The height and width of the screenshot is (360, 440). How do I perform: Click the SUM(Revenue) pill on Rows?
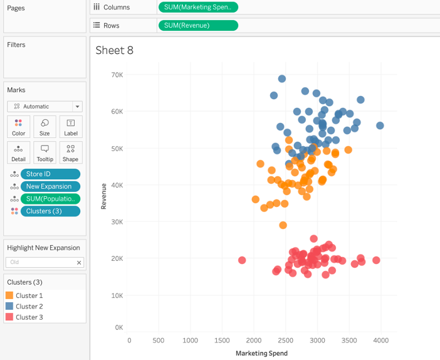pos(198,26)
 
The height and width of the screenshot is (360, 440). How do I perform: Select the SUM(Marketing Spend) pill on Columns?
pos(198,8)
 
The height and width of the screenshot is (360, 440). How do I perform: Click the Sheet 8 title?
pos(115,51)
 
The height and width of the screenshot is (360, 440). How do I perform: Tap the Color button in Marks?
pos(19,127)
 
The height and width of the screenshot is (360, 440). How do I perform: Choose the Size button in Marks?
pos(45,127)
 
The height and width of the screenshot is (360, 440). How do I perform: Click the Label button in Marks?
pos(71,127)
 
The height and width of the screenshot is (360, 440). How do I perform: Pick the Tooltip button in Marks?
pos(45,152)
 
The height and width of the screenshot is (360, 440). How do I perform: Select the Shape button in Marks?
pos(71,152)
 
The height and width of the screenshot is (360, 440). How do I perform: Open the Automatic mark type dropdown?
pos(45,107)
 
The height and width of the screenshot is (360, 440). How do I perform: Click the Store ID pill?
pos(50,174)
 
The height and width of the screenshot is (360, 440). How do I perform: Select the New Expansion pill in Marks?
pos(50,186)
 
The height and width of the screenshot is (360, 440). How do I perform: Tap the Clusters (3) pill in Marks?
pos(50,211)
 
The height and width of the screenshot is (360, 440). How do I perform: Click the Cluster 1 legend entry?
pos(29,295)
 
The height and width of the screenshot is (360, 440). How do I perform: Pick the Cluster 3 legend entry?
pos(29,317)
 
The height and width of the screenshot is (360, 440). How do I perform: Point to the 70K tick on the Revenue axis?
pos(117,75)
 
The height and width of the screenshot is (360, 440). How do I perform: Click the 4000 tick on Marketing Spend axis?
pos(380,341)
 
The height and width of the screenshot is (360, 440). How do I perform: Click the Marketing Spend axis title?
pos(261,353)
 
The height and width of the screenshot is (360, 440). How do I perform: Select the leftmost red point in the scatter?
pos(242,260)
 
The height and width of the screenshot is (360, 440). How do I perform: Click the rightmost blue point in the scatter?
pos(380,125)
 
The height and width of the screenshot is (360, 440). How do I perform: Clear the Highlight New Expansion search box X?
pos(79,263)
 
